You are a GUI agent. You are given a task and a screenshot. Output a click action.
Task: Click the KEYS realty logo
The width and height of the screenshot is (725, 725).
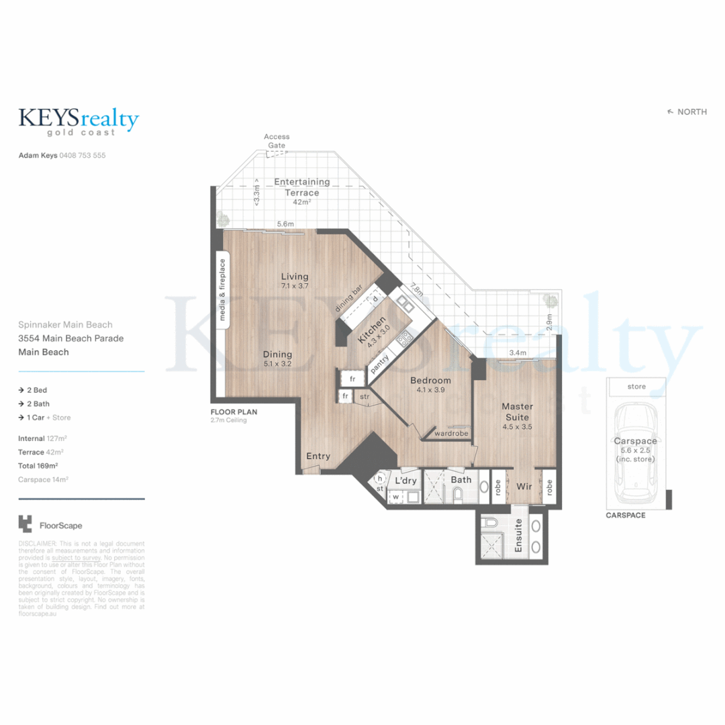pos(79,122)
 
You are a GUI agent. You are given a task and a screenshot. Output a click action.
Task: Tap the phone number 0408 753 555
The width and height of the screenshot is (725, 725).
pos(83,155)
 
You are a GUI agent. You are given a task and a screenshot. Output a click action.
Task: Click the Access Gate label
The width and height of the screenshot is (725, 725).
pos(277,141)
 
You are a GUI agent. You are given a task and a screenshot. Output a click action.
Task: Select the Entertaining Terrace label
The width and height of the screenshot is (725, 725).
pos(302,187)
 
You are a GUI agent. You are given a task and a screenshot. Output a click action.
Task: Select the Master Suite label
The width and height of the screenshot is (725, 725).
pos(517,412)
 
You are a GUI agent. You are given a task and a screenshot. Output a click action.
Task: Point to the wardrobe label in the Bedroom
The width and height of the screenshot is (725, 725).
pos(450,433)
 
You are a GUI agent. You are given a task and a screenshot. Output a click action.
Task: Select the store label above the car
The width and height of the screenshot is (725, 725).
pos(636,387)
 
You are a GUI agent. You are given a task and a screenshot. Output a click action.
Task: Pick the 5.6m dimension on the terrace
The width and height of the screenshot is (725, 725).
pos(285,224)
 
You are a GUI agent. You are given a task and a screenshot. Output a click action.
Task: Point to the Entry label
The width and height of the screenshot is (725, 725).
pos(318,456)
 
